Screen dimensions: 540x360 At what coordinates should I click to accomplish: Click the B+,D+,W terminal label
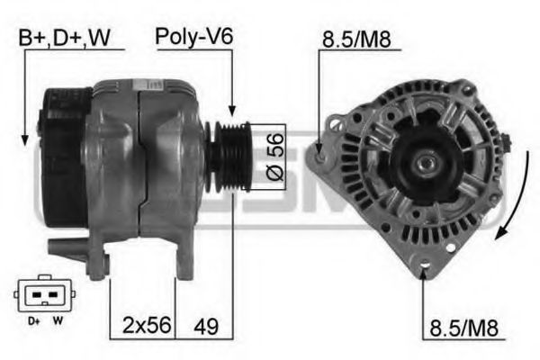(65, 38)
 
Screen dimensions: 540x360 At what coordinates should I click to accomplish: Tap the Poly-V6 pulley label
(194, 37)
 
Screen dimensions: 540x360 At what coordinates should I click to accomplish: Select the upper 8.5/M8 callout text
(356, 39)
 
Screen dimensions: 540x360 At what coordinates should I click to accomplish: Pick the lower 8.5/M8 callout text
(463, 328)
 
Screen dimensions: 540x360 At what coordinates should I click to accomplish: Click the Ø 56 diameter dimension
(275, 157)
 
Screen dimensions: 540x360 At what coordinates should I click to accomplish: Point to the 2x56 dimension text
(147, 326)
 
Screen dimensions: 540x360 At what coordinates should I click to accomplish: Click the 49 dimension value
(206, 326)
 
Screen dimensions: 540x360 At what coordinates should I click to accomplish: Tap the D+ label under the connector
(34, 321)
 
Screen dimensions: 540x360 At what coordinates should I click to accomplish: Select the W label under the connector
(58, 320)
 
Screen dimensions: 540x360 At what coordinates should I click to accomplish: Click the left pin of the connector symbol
(36, 295)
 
